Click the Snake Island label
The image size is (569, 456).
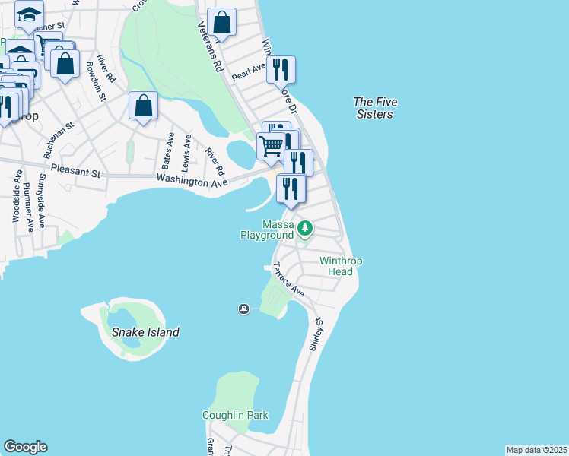[145, 332]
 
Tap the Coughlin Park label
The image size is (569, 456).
[235, 416]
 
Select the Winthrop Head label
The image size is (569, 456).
[340, 266]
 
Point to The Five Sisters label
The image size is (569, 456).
[375, 108]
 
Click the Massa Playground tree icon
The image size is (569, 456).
[305, 227]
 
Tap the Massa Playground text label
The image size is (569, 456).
[267, 230]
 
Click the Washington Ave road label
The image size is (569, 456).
[192, 182]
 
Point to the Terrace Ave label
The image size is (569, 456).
[288, 280]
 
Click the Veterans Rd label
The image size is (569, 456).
[209, 46]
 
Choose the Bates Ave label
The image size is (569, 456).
[168, 152]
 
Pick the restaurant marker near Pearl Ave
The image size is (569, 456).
[281, 71]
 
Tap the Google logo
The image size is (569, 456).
[25, 447]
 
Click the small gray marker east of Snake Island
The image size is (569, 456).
[243, 309]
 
